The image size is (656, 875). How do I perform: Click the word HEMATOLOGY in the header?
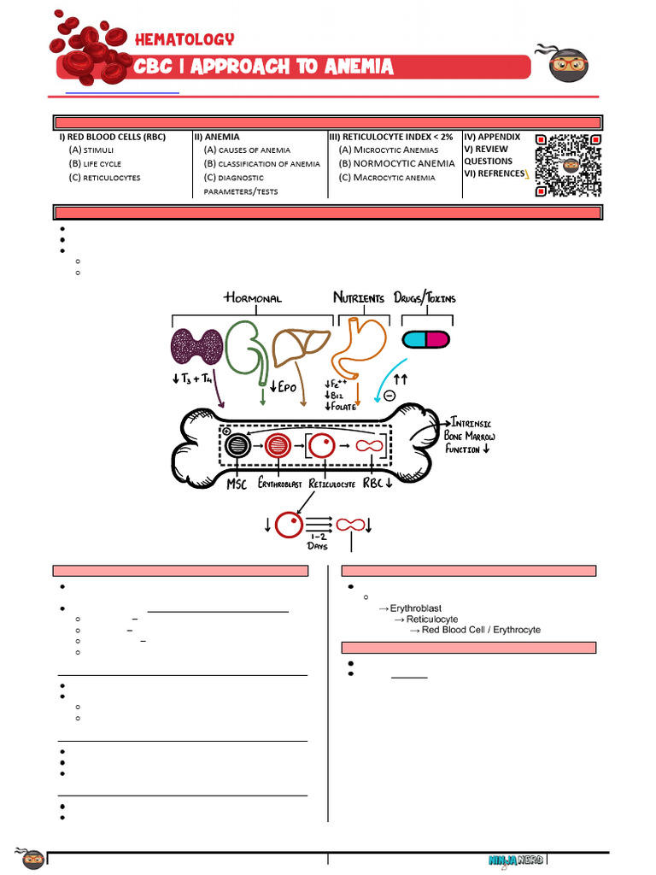pyautogui.click(x=184, y=39)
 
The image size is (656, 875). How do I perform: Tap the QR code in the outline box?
pyautogui.click(x=568, y=165)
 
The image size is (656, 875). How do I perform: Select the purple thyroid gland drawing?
pyautogui.click(x=197, y=348)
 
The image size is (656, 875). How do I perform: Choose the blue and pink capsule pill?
pyautogui.click(x=425, y=339)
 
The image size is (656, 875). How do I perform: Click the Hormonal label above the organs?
pyautogui.click(x=253, y=298)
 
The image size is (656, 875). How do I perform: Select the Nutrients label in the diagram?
pyautogui.click(x=359, y=298)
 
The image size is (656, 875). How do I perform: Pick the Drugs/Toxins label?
pyautogui.click(x=425, y=298)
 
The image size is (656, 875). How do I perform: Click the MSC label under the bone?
pyautogui.click(x=238, y=484)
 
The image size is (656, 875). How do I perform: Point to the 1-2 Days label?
pyautogui.click(x=318, y=540)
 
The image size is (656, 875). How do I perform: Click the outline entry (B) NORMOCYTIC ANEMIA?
pyautogui.click(x=396, y=163)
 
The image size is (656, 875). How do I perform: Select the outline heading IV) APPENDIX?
pyautogui.click(x=492, y=137)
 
